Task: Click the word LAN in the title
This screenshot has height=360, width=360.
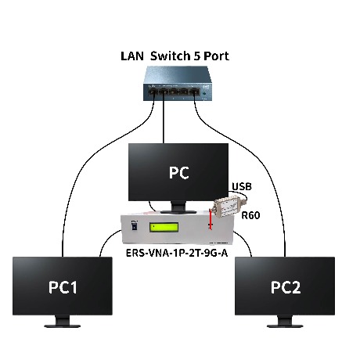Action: [x=132, y=56]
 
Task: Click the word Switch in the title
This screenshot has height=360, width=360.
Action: [x=170, y=56]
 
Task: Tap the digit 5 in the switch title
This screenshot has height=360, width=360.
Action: [x=196, y=56]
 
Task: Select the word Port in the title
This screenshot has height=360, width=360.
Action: [x=216, y=56]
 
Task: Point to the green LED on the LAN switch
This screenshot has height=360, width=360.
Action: [x=204, y=93]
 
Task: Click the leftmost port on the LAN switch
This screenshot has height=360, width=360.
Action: [x=152, y=92]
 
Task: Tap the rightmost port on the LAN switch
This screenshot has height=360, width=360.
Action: [x=194, y=92]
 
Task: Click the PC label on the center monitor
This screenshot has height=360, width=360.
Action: [x=178, y=172]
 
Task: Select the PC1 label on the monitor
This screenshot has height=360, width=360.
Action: [x=63, y=287]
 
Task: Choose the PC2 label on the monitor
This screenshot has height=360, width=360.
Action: [x=286, y=287]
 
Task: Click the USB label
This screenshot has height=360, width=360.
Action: [x=242, y=186]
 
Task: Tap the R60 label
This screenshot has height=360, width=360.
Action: [x=250, y=215]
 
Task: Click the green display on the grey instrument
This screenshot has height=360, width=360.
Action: [x=164, y=228]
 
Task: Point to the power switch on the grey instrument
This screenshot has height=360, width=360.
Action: [x=135, y=226]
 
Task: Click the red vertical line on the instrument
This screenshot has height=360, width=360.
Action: [x=211, y=220]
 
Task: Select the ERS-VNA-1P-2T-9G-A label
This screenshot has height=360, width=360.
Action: [x=177, y=253]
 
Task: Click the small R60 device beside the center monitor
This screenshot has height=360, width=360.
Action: [x=228, y=206]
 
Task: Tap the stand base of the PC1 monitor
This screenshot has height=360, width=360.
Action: [x=62, y=326]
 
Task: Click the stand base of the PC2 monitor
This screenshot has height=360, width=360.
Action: [x=285, y=326]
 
